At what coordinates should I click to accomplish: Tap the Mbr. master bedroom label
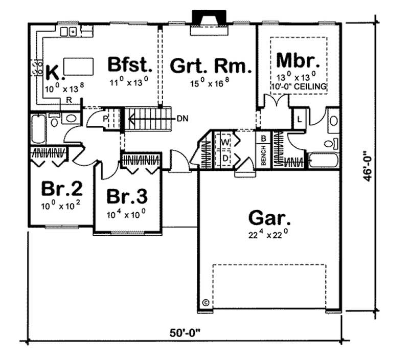(x=299, y=60)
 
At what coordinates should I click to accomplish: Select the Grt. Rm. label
(x=211, y=66)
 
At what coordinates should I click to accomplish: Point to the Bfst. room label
(x=130, y=65)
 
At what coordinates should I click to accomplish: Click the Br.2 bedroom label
(x=61, y=189)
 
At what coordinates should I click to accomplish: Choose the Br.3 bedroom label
(x=127, y=196)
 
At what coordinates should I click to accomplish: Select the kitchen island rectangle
(x=79, y=66)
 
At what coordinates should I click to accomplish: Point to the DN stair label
(x=183, y=119)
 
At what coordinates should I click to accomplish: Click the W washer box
(x=224, y=141)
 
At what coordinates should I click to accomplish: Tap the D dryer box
(x=224, y=158)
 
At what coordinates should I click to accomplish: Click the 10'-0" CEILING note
(x=305, y=87)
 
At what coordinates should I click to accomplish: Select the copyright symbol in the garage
(x=206, y=302)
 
